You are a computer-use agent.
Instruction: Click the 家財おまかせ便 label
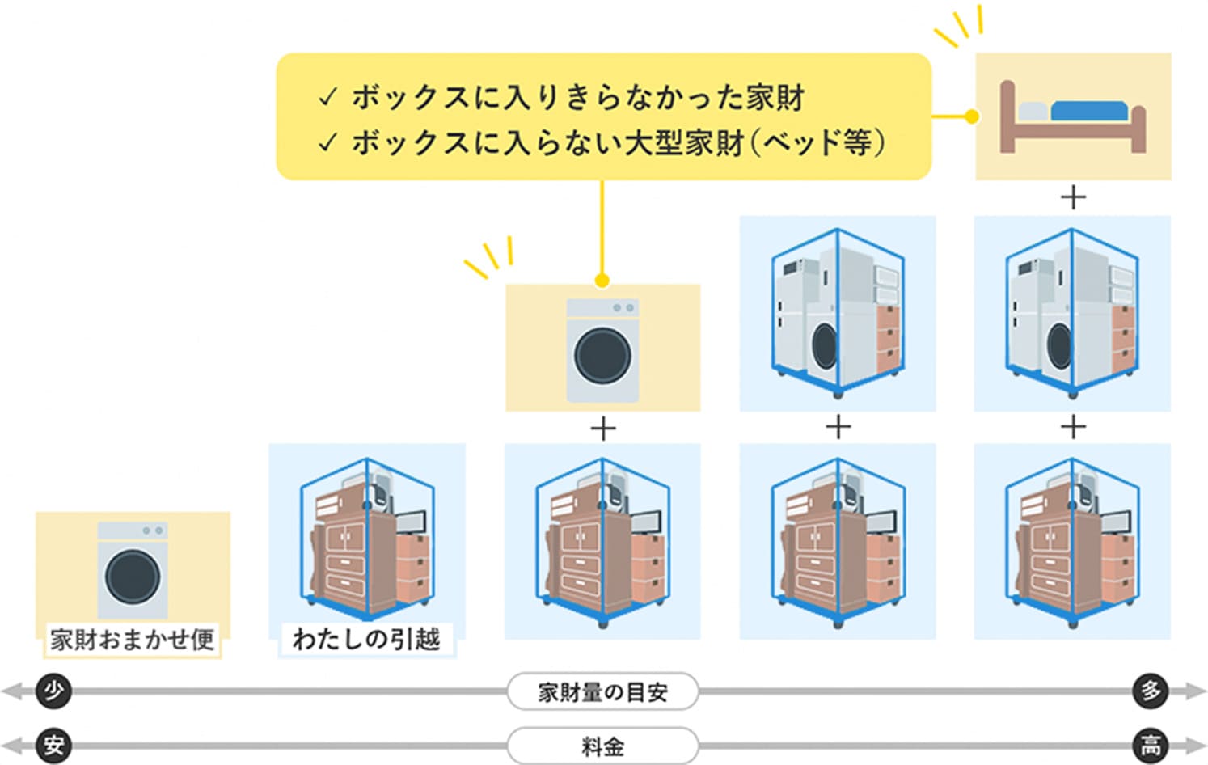click(132, 640)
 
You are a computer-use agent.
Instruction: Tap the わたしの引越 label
click(366, 640)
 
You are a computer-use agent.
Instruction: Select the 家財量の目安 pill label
click(602, 692)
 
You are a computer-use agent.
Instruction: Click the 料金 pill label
click(602, 746)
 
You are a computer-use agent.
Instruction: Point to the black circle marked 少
click(54, 691)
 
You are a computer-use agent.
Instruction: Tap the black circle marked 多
click(1151, 691)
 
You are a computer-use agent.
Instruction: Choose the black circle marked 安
click(54, 745)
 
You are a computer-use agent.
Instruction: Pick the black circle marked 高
click(1151, 745)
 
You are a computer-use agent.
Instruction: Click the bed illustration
click(1073, 117)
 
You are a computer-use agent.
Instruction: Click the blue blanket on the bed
click(1088, 111)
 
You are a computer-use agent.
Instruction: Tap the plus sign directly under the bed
click(1073, 197)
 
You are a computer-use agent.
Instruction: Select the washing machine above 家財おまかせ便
click(133, 571)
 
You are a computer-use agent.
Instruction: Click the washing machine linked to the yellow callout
click(602, 350)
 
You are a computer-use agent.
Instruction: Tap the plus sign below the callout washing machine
click(603, 428)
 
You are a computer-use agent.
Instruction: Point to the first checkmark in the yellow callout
click(327, 98)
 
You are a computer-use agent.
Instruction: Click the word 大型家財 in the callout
click(684, 143)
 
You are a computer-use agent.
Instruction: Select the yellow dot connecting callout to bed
click(973, 116)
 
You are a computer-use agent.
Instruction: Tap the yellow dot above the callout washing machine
click(602, 281)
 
